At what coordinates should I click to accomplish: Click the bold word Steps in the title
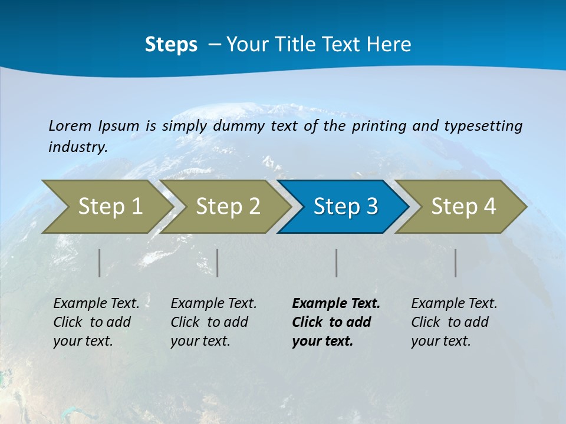(x=171, y=45)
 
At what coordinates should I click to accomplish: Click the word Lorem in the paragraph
(x=70, y=125)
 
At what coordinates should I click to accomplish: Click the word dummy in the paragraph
(x=239, y=126)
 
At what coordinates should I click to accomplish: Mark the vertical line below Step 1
(x=100, y=263)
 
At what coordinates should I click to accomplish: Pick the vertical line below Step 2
(x=218, y=263)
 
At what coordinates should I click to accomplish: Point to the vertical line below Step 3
(x=337, y=263)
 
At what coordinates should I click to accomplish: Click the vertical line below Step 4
(x=456, y=263)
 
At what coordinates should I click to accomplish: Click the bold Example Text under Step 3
(x=336, y=303)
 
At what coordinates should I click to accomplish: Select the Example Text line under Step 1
(x=96, y=303)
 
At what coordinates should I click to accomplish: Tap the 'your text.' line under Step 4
(x=440, y=341)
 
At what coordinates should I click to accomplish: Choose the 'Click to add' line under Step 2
(x=209, y=322)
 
